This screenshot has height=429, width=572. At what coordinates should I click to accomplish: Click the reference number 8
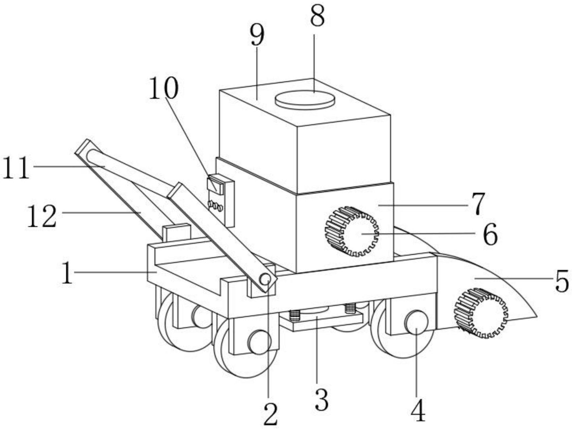click(x=317, y=16)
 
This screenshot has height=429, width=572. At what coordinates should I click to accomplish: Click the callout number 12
click(x=42, y=217)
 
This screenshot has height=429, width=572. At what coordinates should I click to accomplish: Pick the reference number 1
click(x=67, y=273)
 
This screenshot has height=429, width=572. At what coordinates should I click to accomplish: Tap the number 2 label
click(x=270, y=414)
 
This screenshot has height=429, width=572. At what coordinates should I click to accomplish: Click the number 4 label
click(x=418, y=410)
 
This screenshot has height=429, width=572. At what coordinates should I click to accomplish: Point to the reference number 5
click(x=562, y=281)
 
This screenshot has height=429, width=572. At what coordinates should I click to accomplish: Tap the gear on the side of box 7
click(x=352, y=231)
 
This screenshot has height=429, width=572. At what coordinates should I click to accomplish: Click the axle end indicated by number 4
click(x=417, y=322)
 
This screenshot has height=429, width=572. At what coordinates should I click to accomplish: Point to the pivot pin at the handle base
click(x=265, y=279)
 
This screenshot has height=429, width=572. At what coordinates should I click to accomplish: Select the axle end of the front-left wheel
click(x=259, y=342)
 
